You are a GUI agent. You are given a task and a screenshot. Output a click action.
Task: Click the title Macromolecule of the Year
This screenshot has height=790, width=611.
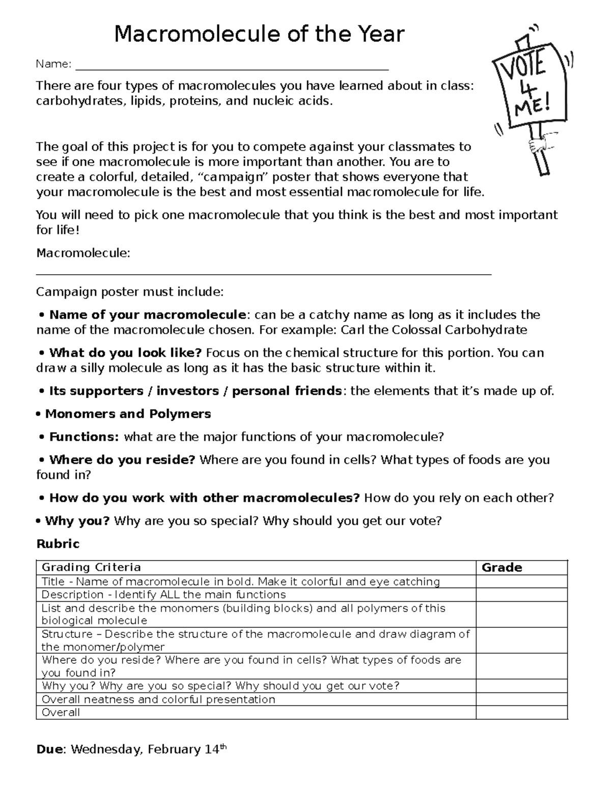[259, 35]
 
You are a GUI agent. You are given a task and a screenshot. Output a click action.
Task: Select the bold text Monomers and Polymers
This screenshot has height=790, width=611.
[128, 414]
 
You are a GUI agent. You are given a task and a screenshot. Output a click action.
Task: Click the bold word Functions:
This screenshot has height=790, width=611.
[84, 437]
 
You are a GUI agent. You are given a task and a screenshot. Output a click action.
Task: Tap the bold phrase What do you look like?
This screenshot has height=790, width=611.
[125, 353]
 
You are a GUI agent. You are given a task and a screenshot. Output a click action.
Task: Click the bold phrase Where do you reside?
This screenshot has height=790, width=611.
[122, 460]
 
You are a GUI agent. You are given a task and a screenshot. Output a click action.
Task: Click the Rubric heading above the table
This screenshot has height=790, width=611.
[58, 544]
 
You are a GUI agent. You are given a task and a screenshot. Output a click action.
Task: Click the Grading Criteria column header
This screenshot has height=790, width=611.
[91, 567]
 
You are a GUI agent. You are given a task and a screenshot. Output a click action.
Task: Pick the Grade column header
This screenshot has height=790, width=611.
[502, 568]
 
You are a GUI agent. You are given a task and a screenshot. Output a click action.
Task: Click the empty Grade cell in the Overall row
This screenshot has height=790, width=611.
[521, 713]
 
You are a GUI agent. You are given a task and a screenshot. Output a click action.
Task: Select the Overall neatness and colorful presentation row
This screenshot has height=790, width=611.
[158, 699]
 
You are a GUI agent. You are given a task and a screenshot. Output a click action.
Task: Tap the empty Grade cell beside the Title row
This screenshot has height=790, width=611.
[521, 582]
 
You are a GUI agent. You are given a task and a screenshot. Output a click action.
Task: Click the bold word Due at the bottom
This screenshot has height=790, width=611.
[50, 749]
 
